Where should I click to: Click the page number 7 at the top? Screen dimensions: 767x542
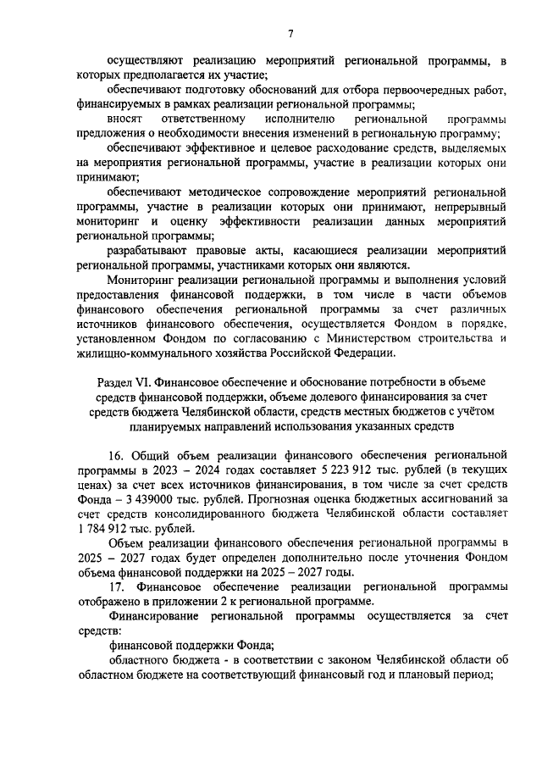290,33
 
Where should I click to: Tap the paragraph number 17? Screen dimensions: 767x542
116,586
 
